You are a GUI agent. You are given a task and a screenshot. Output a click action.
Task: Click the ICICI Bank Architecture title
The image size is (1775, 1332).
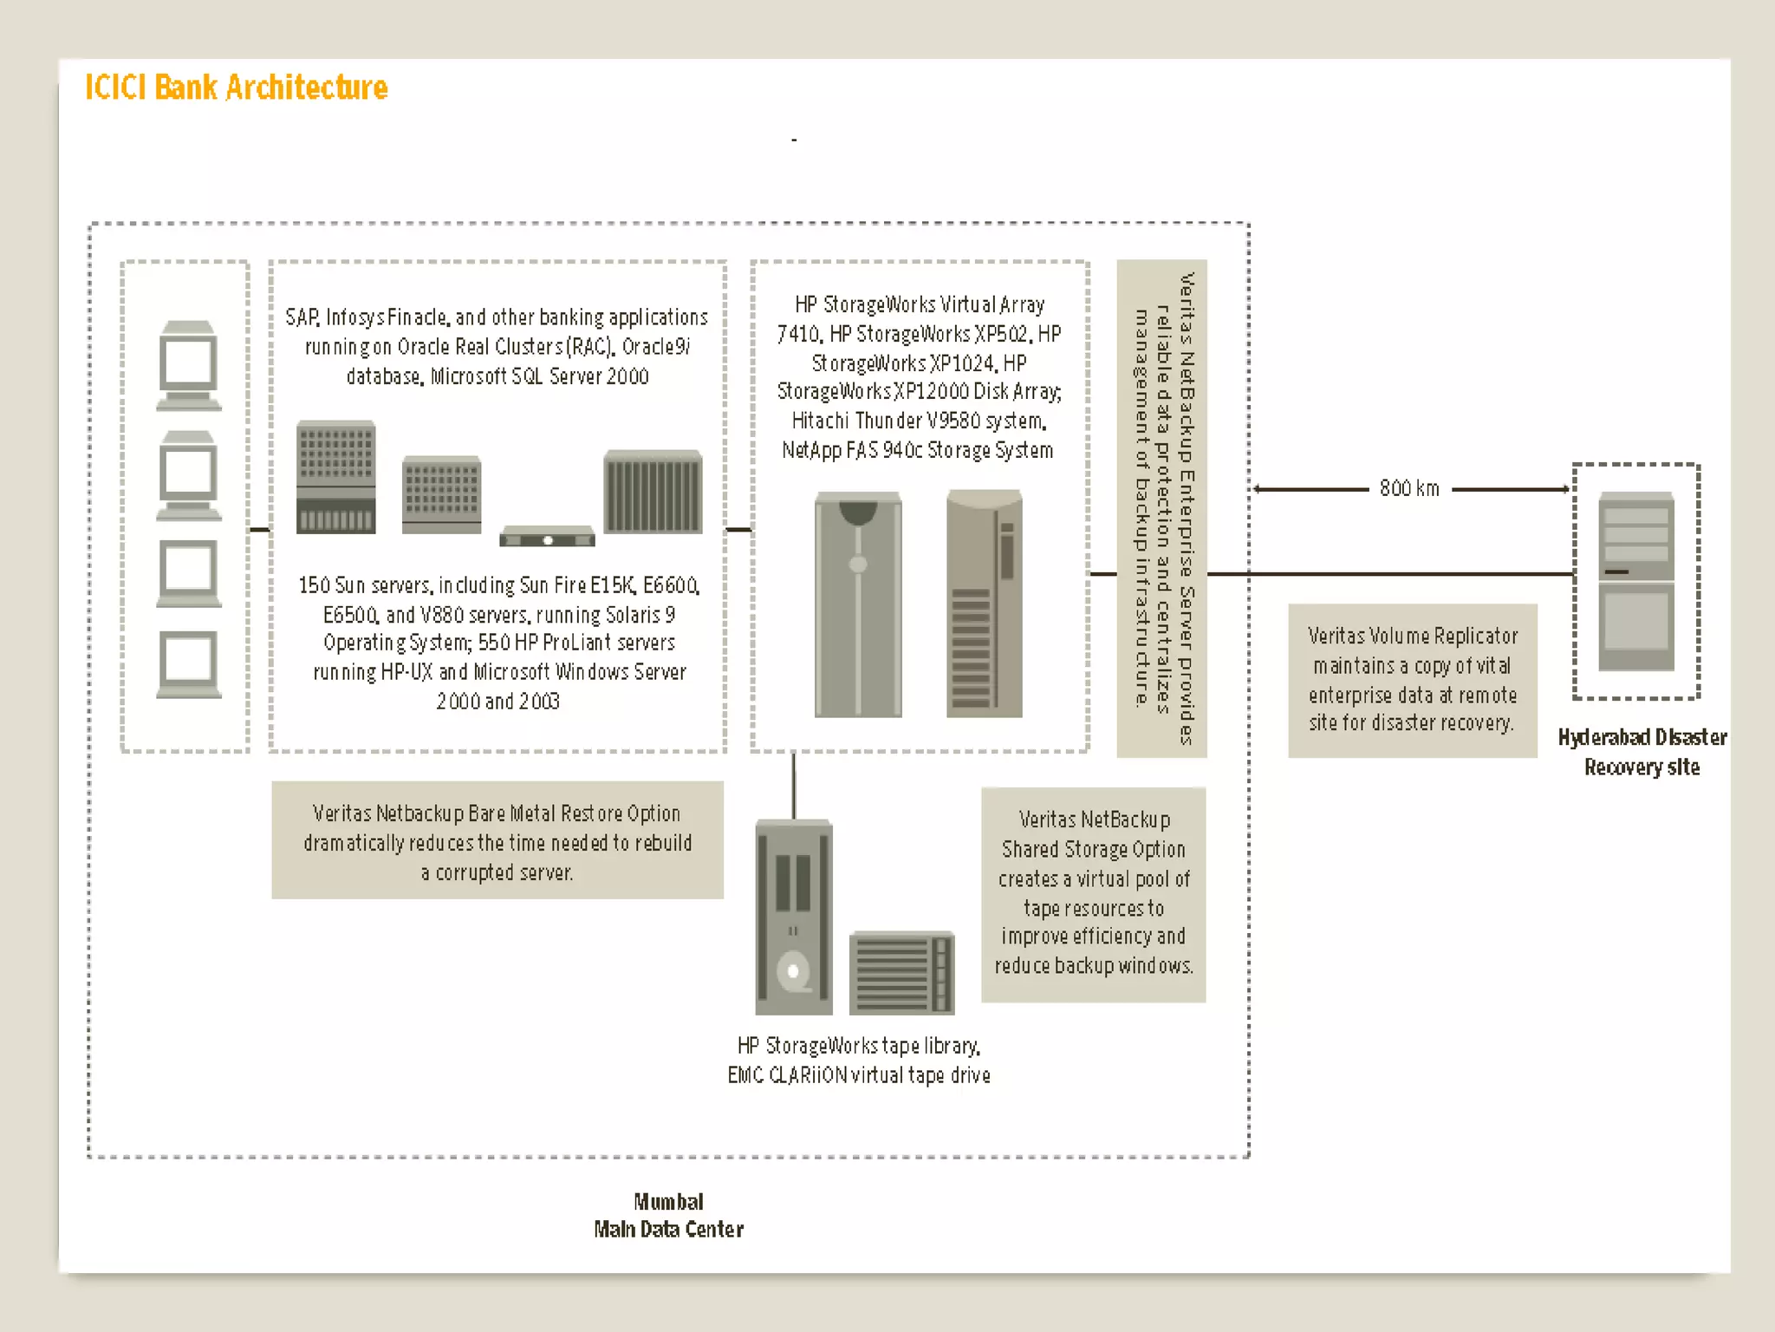click(x=236, y=88)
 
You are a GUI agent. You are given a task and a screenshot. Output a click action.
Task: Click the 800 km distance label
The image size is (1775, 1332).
click(x=1409, y=489)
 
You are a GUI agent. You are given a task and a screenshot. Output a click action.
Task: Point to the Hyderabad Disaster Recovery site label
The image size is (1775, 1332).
click(x=1642, y=752)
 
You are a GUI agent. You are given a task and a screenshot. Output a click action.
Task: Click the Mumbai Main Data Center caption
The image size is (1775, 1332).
click(x=668, y=1215)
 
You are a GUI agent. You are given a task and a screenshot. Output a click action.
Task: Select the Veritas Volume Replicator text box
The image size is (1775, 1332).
click(x=1412, y=680)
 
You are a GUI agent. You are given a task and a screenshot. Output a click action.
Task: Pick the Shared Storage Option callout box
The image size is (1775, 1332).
click(x=1093, y=894)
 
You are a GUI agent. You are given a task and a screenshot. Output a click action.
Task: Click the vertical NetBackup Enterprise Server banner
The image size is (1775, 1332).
click(x=1161, y=508)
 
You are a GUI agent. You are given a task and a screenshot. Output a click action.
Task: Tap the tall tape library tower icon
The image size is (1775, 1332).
click(x=793, y=917)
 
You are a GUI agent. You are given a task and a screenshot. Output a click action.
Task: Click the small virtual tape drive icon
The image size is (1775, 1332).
click(x=901, y=972)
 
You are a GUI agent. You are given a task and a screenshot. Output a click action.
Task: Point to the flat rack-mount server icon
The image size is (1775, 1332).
click(x=547, y=536)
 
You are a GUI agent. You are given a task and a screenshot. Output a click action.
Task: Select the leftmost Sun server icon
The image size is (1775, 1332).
click(x=335, y=477)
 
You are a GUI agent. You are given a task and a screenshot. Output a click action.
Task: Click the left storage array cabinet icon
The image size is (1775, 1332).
click(x=858, y=604)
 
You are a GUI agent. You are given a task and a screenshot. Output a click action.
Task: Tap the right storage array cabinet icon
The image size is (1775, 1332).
click(x=985, y=604)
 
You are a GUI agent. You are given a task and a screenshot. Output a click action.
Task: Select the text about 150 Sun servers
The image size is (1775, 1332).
click(x=498, y=643)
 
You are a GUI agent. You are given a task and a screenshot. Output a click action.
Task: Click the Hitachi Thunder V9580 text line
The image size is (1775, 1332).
click(x=919, y=421)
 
